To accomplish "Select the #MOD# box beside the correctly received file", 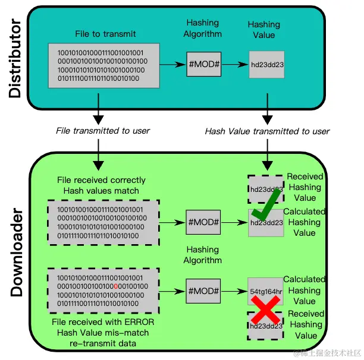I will pos(203,223).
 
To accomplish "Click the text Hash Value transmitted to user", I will pos(267,131).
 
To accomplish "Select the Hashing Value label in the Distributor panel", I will pos(263,30).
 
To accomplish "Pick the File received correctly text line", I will pos(101,180).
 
